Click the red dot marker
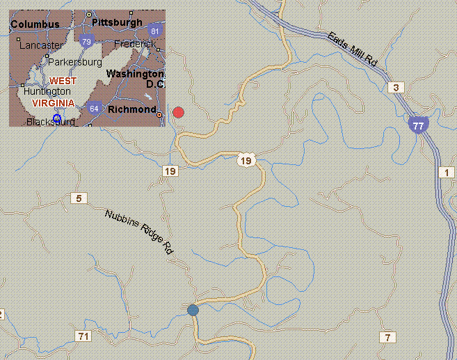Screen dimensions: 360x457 [x=178, y=112]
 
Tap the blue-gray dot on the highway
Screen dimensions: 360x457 [x=193, y=310]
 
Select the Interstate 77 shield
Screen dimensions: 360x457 [x=417, y=125]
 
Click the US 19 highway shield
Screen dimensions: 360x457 [x=246, y=161]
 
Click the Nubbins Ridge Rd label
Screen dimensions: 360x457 [x=138, y=232]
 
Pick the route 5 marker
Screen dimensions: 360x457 [x=79, y=199]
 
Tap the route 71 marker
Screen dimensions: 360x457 [x=83, y=336]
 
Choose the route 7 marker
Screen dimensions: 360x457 [x=387, y=338]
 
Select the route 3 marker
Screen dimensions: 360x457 [x=396, y=87]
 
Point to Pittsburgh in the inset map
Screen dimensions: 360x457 [x=115, y=22]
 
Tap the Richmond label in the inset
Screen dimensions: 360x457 [x=131, y=109]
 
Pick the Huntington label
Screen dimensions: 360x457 [x=47, y=91]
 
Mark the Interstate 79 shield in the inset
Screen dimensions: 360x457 [x=86, y=42]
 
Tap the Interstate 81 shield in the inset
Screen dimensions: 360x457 [x=154, y=31]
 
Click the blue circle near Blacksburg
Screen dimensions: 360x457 [x=57, y=118]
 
